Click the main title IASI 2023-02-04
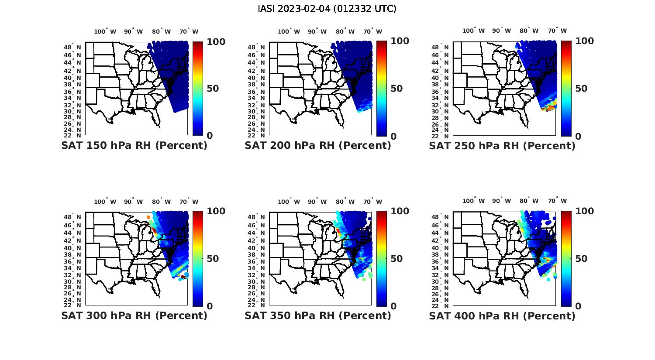(x=327, y=9)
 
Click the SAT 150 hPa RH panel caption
(x=134, y=146)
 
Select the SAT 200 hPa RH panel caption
(x=318, y=146)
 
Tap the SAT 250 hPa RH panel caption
(x=502, y=146)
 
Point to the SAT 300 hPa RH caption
(x=134, y=315)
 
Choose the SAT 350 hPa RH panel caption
(x=318, y=315)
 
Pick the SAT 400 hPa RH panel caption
(x=502, y=315)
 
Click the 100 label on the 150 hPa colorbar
(x=216, y=41)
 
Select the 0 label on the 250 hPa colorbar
(x=578, y=136)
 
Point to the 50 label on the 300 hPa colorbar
(x=213, y=259)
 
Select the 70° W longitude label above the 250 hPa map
(x=558, y=31)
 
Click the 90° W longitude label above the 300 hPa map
(x=133, y=202)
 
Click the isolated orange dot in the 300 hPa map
(x=148, y=217)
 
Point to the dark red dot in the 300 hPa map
(x=183, y=277)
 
